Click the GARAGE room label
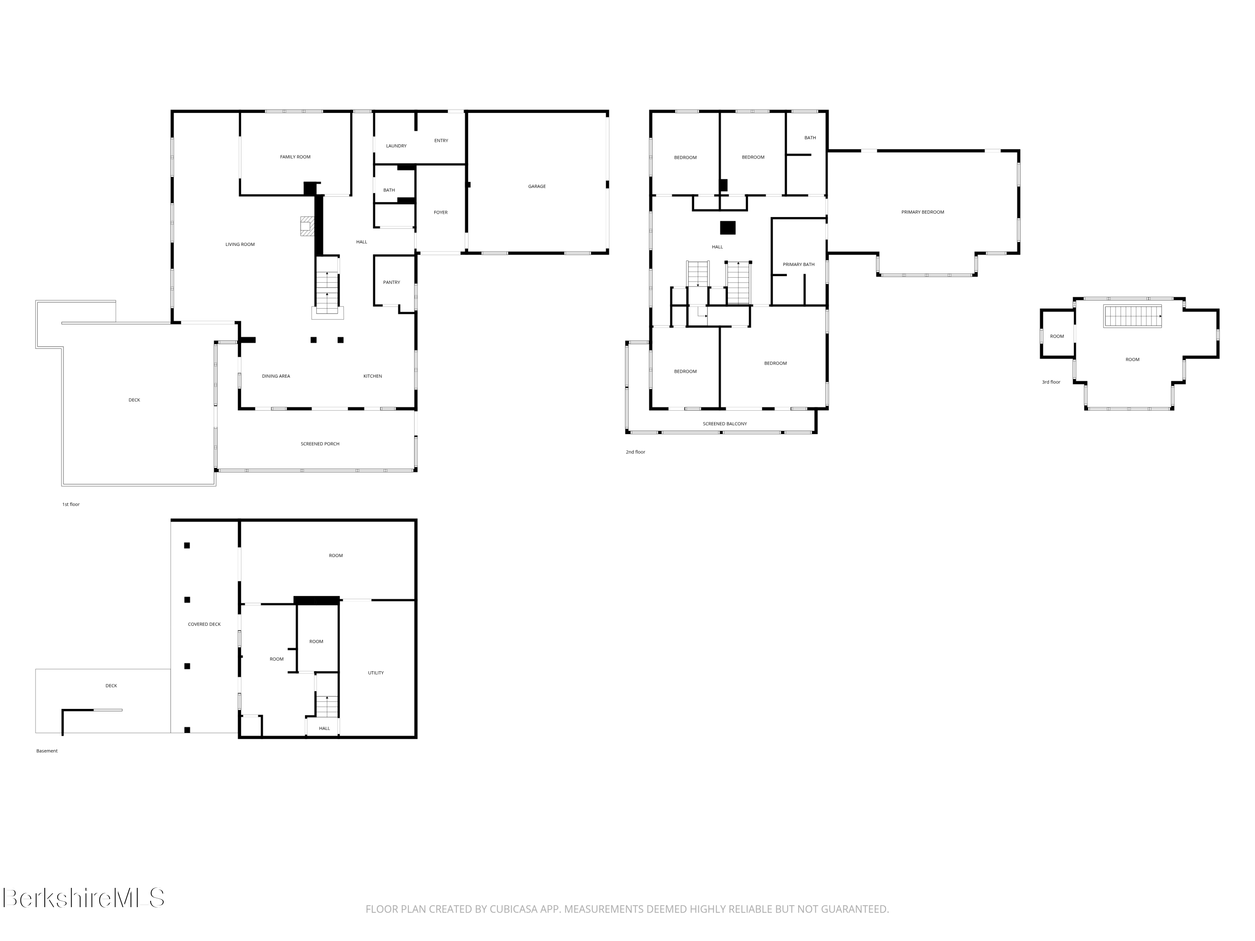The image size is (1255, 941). click(537, 186)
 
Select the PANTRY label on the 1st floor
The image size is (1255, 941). click(392, 282)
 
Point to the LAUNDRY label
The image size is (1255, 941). click(396, 146)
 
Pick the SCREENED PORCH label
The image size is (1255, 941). click(320, 444)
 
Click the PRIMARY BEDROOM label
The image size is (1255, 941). click(922, 212)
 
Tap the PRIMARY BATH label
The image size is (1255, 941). click(798, 264)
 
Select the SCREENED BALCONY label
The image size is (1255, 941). click(725, 424)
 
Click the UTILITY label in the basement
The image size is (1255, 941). click(376, 673)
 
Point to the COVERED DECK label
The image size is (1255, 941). click(204, 624)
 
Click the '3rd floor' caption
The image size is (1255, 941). click(1051, 382)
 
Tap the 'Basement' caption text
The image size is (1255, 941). click(47, 751)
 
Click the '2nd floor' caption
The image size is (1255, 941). click(635, 452)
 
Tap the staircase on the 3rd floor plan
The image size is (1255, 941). click(1132, 316)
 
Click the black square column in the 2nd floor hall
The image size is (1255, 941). click(728, 228)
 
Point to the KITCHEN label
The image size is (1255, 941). click(373, 376)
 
